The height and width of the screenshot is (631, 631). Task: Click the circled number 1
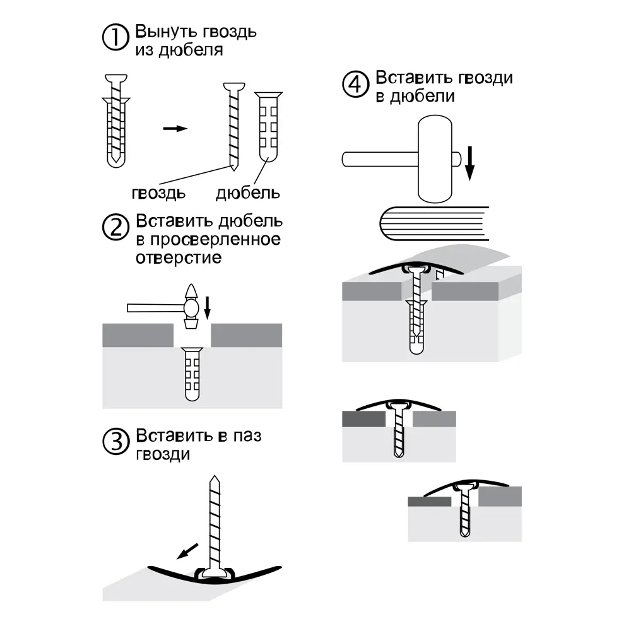tap(115, 37)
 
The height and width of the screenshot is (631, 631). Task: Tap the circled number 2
tap(115, 227)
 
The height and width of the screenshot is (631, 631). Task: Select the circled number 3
tap(116, 442)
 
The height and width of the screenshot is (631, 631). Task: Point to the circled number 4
tap(355, 84)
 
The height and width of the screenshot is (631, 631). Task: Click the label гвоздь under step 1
tap(158, 193)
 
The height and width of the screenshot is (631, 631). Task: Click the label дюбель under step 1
tap(248, 193)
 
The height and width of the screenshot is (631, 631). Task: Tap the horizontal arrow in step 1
tap(175, 128)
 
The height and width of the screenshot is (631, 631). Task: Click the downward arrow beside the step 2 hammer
tap(207, 308)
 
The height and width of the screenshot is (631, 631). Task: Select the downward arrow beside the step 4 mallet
tap(469, 163)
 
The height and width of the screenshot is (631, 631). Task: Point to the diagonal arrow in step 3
tap(187, 551)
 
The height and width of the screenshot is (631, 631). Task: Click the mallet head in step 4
tap(435, 159)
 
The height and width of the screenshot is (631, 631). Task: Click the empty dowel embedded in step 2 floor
tap(192, 374)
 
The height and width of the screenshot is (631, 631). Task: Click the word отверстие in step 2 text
tap(179, 258)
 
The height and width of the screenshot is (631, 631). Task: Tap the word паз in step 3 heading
tap(247, 436)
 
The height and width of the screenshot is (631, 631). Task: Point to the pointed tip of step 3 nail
tap(215, 476)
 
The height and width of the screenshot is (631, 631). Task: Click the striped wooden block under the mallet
tap(435, 223)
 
